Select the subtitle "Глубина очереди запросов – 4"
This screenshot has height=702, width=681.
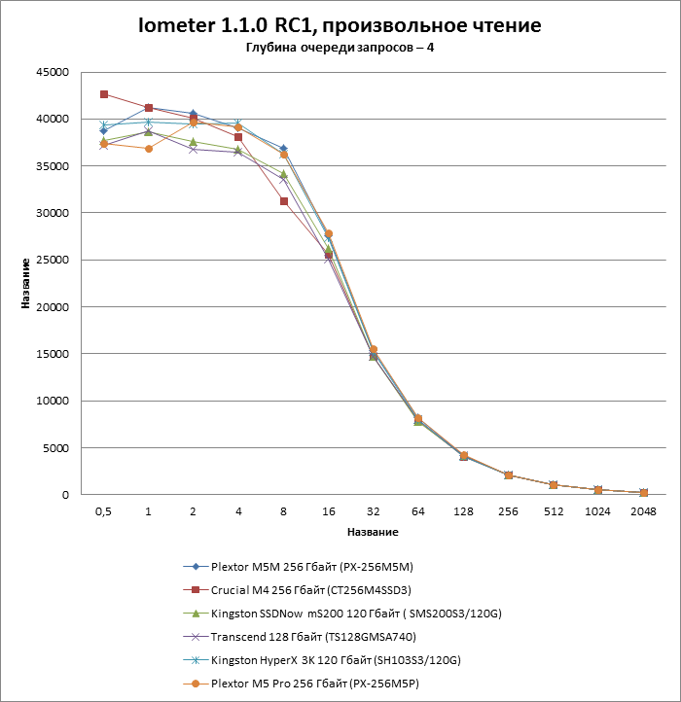click(340, 50)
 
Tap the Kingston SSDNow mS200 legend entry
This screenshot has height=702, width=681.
click(345, 613)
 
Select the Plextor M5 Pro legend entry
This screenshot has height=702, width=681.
click(317, 684)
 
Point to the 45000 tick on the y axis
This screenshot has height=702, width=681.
click(52, 72)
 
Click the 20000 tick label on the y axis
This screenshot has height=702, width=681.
click(52, 307)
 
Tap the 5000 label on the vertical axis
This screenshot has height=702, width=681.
click(54, 448)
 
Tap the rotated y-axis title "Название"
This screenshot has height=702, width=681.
click(25, 284)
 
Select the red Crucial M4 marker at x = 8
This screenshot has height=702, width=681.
click(283, 201)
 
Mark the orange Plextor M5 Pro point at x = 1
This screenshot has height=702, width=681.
click(148, 149)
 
